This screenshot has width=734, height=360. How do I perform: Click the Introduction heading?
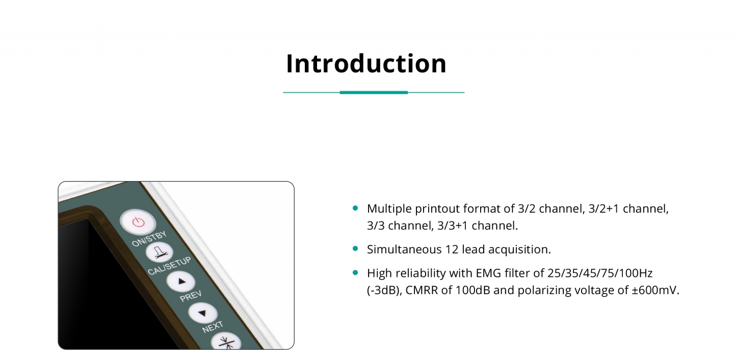tap(366, 63)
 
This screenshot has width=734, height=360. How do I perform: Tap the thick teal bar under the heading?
tap(374, 92)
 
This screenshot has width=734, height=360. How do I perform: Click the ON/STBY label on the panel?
tap(149, 238)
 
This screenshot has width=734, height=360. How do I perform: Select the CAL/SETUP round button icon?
tap(159, 252)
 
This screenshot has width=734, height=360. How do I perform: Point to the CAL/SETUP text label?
tap(169, 266)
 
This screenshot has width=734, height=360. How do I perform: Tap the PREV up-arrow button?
tap(181, 281)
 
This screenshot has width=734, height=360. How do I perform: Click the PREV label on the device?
tap(191, 296)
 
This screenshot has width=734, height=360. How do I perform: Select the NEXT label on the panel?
tap(213, 327)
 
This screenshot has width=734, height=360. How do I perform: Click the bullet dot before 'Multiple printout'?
tap(355, 208)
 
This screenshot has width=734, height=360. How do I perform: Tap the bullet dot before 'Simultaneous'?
tap(355, 248)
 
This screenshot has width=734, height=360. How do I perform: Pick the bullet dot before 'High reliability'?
tap(355, 272)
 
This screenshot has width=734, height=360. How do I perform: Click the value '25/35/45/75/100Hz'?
tap(600, 273)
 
